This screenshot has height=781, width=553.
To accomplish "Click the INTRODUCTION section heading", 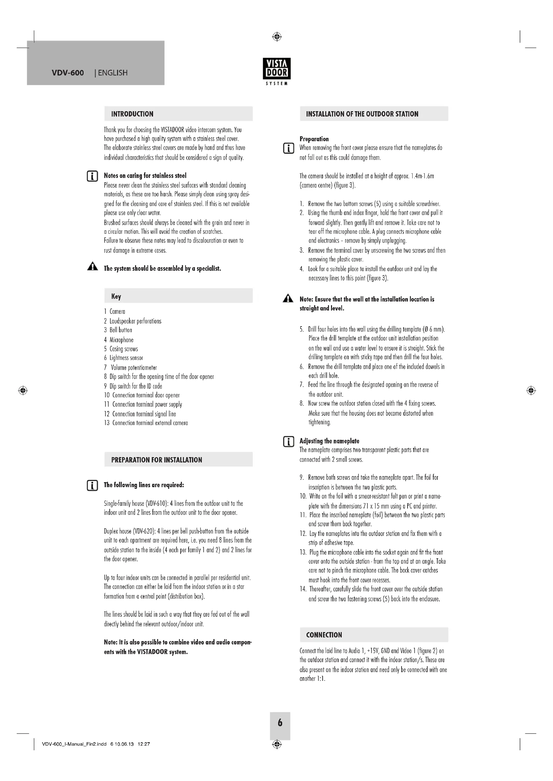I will click(x=132, y=114).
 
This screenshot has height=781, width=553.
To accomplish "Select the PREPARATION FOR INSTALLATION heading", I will click(x=156, y=460).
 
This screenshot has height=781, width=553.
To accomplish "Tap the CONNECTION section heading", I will click(x=324, y=635).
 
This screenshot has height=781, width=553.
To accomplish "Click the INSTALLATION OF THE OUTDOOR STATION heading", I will click(x=362, y=114).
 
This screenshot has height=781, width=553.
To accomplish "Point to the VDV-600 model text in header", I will click(x=68, y=73).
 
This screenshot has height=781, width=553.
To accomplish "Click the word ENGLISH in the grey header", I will click(x=113, y=73).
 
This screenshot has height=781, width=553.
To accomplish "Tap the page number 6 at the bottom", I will click(x=280, y=723).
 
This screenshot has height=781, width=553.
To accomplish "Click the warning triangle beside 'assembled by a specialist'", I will click(x=92, y=267).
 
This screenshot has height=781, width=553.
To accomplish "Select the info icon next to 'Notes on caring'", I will click(x=92, y=176).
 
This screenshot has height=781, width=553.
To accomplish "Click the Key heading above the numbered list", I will click(x=116, y=296).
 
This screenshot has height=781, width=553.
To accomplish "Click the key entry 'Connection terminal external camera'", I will click(x=150, y=423).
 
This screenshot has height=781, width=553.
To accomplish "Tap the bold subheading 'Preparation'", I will click(x=314, y=139).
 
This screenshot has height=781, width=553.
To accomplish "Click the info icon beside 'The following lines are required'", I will click(x=92, y=485).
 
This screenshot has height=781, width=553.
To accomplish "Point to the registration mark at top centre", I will click(x=277, y=36).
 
